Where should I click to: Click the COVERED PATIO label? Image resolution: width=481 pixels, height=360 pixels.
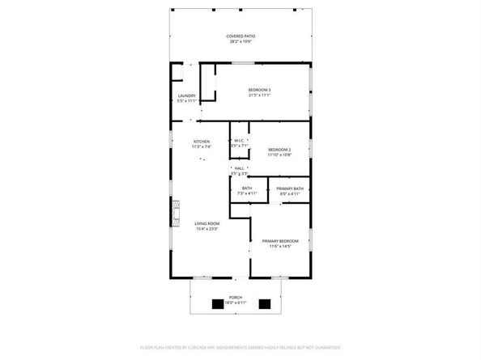coord(241,36)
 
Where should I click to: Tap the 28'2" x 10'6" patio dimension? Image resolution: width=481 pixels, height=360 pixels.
coord(241,42)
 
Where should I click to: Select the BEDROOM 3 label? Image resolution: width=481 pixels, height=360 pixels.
coord(259,90)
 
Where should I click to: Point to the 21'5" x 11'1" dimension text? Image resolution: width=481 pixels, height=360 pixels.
coord(259,95)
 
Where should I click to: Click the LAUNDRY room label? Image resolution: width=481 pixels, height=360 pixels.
coord(186,95)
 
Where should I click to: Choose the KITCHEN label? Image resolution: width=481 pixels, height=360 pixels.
coord(201,142)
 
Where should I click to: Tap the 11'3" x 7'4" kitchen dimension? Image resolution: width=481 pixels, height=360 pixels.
coord(201,147)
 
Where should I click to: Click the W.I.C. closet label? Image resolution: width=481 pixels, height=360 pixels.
coord(239,141)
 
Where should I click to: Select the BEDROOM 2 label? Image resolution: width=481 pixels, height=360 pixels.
coord(279,150)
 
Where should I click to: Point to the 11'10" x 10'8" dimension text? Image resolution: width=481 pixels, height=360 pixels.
coord(279,155)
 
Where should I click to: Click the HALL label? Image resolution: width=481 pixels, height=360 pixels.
coord(239,168)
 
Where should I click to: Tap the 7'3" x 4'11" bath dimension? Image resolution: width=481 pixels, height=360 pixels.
coord(246,194)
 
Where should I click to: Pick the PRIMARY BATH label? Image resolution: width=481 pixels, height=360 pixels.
coord(290,188)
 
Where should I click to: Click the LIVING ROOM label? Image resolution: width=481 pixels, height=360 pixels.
coord(207,223)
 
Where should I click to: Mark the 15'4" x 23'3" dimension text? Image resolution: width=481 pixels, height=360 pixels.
coord(207,229)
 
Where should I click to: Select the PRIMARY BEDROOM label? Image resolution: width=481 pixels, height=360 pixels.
coord(279,241)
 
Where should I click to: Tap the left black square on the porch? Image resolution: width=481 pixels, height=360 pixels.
coord(217,305)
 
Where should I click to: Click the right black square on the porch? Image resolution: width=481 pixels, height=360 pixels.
coord(263,305)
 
